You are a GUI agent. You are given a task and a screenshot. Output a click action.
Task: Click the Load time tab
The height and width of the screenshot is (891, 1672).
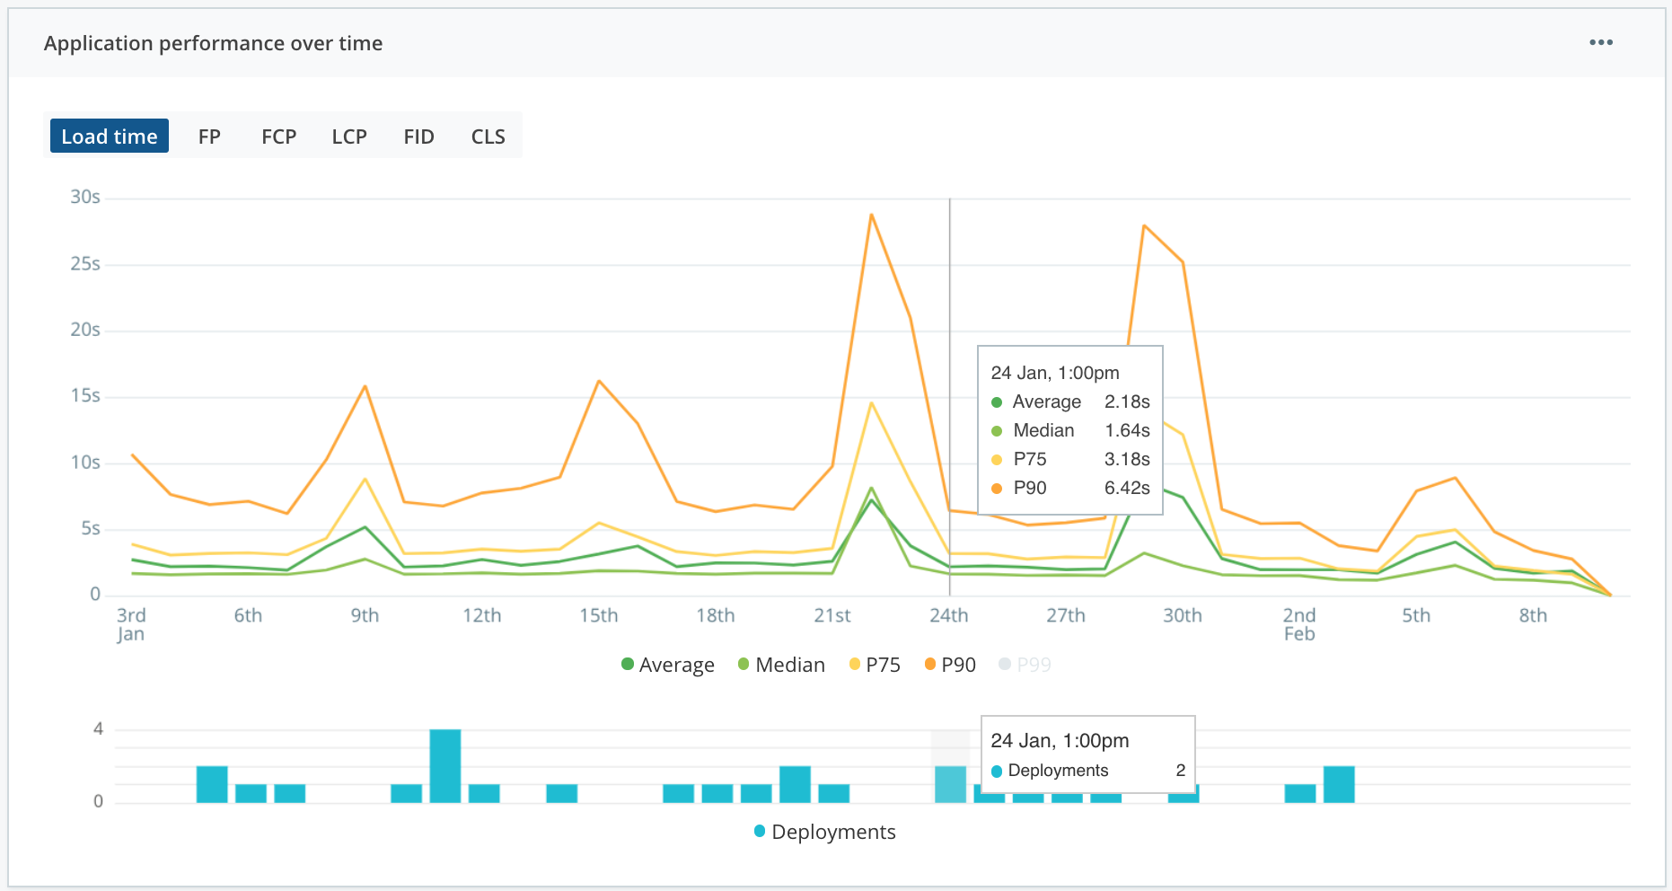tap(109, 137)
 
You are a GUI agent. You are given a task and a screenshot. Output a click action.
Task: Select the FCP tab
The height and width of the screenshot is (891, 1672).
tap(278, 137)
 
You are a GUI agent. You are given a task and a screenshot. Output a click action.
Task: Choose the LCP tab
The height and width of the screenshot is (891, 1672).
tap(349, 137)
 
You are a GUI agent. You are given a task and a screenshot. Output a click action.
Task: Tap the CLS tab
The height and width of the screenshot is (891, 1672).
tap(488, 137)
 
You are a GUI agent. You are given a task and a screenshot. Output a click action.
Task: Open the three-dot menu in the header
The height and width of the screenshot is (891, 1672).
tap(1600, 43)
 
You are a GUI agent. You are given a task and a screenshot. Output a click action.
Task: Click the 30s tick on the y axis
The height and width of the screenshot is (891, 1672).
tap(85, 197)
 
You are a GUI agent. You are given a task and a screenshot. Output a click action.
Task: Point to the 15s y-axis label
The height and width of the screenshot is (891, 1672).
tap(85, 396)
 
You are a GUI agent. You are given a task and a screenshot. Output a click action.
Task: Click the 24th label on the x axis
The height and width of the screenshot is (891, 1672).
tap(948, 615)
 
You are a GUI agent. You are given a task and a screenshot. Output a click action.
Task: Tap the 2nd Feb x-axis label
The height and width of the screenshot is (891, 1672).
tap(1298, 624)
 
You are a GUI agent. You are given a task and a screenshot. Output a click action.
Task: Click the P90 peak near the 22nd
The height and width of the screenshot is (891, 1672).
tap(871, 215)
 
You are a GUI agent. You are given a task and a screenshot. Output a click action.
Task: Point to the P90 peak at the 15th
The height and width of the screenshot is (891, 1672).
tap(599, 381)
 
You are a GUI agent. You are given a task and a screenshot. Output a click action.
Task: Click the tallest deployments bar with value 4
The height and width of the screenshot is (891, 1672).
tap(445, 765)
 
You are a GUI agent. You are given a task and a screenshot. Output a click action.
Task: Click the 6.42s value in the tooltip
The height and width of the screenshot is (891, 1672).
tap(1127, 488)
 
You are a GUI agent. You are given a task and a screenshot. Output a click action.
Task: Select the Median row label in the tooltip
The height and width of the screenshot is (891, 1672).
tap(1043, 430)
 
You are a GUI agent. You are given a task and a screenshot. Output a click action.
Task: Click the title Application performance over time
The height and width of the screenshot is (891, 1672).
tap(213, 43)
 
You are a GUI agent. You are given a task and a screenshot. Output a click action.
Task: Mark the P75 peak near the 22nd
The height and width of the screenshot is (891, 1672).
tap(871, 403)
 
